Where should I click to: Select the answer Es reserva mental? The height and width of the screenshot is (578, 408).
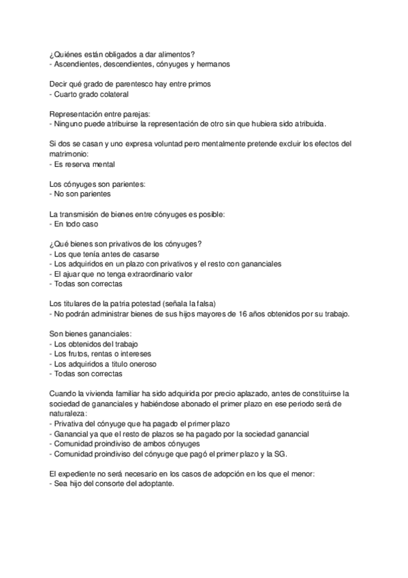(85, 164)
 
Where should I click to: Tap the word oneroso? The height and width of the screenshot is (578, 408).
(141, 364)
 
